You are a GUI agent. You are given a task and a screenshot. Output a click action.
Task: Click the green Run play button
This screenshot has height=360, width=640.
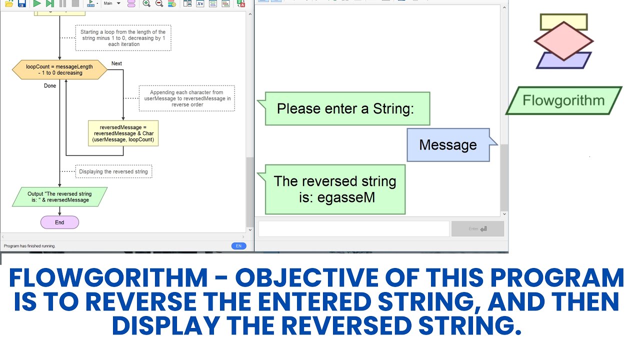pos(37,3)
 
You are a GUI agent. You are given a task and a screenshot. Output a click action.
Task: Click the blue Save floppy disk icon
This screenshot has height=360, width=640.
pos(21,3)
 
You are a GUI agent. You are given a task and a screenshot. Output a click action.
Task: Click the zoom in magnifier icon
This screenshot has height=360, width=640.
pos(146,3)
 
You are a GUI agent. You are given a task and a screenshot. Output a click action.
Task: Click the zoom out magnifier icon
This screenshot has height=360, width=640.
pos(159,3)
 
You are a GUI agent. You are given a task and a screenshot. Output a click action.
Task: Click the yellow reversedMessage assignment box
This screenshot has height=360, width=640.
pos(123,133)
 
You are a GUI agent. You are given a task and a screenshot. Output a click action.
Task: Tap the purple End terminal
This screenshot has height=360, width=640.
pos(59,222)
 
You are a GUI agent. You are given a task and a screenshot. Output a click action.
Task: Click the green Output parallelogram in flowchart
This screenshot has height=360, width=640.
pos(60,197)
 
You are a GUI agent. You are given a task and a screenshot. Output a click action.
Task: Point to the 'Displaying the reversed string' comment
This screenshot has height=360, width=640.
pos(113,171)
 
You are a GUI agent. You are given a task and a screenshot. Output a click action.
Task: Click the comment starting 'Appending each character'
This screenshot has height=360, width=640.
pos(187,98)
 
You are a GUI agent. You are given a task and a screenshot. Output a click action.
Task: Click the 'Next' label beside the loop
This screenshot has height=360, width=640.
pos(116,63)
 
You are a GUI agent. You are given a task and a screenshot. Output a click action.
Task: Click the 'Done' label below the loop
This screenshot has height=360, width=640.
pos(50,86)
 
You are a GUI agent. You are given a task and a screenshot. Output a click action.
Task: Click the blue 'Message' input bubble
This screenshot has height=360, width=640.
pos(448,145)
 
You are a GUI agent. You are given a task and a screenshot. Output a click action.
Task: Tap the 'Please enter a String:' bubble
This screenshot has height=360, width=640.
pos(346,108)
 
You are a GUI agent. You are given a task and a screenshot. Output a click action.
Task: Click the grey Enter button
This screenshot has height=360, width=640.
pos(477,229)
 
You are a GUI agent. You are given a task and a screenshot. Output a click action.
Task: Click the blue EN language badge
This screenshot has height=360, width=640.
pos(238,246)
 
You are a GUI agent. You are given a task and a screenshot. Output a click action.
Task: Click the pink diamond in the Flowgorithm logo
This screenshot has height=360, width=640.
pos(563,41)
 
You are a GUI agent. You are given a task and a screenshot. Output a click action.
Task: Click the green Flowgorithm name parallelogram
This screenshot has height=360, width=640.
pos(563,100)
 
